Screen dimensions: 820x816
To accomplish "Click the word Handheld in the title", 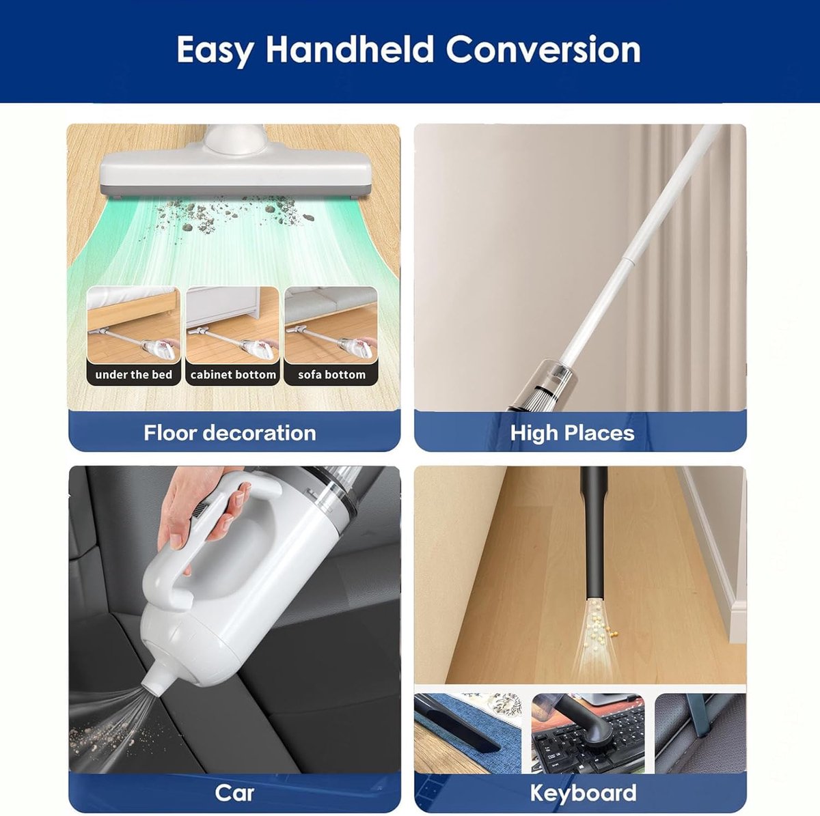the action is click(x=350, y=49).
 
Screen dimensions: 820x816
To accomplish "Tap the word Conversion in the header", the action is click(x=543, y=49).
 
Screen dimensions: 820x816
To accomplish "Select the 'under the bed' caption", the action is click(x=134, y=375).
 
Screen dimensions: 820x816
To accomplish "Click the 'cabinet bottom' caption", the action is click(x=233, y=375).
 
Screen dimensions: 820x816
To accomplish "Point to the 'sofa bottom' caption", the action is click(x=331, y=375).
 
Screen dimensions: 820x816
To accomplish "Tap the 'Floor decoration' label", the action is click(x=230, y=433).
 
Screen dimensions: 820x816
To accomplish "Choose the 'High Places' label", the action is click(x=572, y=433).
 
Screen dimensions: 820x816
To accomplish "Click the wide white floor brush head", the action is click(x=235, y=171).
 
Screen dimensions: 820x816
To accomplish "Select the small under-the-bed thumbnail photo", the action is click(x=134, y=325).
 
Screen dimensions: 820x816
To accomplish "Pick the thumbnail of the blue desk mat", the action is click(x=467, y=729).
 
